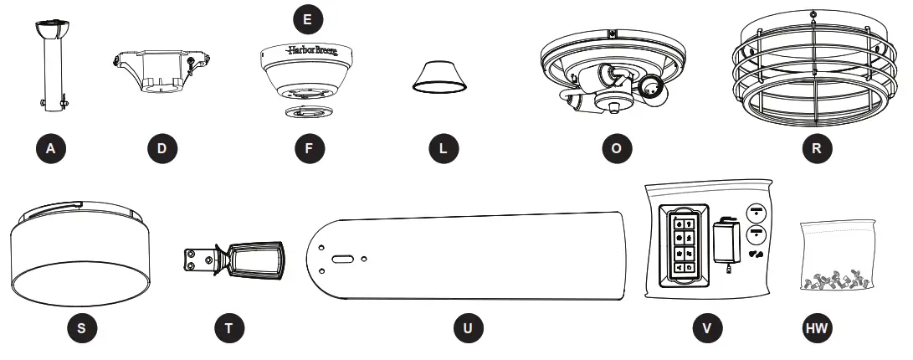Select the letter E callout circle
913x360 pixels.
tap(309, 16)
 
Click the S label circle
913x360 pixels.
tap(80, 327)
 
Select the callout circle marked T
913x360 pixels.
tap(229, 327)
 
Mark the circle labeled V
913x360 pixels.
tap(708, 327)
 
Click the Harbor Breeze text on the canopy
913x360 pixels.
tap(309, 50)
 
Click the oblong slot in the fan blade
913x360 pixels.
tap(341, 260)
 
